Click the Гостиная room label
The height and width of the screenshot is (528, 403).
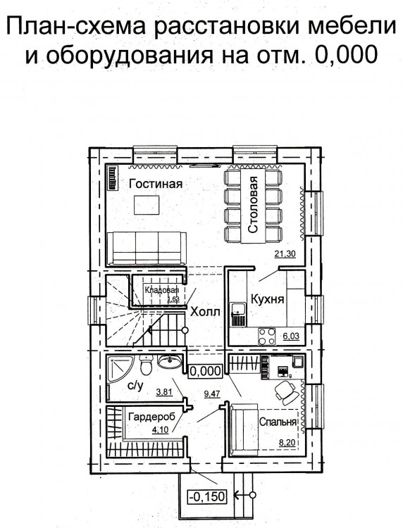[156, 184]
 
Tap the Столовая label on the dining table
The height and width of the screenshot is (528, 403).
[253, 205]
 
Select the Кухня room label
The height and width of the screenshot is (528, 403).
[268, 299]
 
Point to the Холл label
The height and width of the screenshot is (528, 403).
[205, 311]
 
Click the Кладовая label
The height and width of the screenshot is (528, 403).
[161, 290]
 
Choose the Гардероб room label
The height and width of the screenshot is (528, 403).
[152, 417]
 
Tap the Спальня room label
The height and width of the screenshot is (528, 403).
[278, 422]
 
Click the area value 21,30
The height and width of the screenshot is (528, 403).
[285, 254]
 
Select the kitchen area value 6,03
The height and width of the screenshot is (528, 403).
[291, 337]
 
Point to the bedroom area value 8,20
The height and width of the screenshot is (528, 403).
[287, 443]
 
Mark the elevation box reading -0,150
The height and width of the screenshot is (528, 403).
[207, 496]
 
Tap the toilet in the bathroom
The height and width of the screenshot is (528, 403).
[147, 365]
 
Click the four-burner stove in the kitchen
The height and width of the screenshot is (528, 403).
[267, 337]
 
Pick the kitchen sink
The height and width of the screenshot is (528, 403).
[239, 314]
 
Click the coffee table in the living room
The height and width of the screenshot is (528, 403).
[147, 205]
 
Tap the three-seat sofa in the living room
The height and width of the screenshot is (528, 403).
[147, 249]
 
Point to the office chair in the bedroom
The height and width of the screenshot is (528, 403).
[285, 392]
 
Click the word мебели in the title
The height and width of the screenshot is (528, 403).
[352, 26]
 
